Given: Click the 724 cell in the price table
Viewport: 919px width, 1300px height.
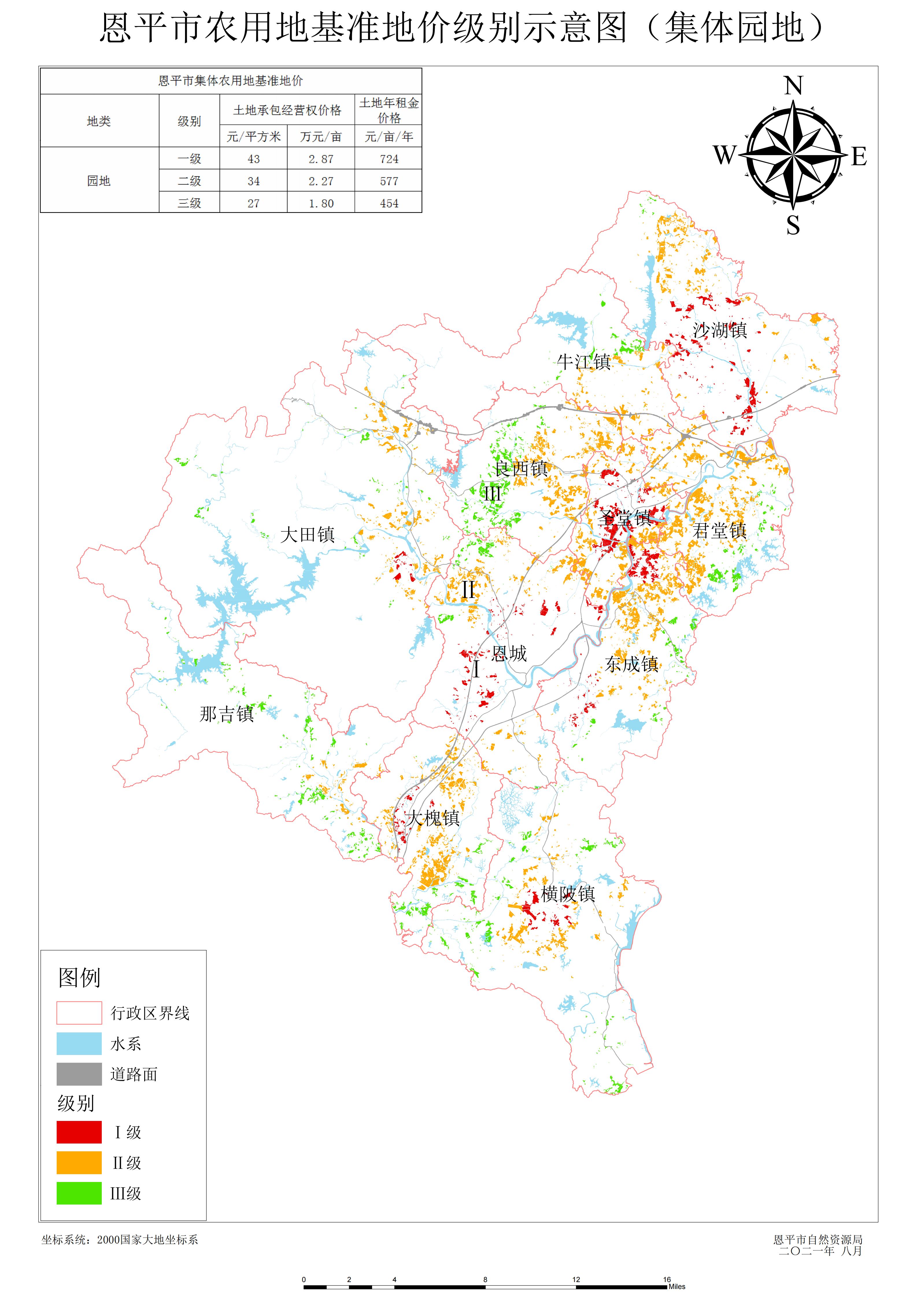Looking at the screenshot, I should [389, 159].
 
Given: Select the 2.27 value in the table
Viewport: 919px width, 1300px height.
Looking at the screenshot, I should [321, 181].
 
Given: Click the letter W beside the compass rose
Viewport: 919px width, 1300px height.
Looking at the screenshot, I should [724, 154].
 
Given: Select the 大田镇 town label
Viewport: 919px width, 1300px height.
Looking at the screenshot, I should [307, 535].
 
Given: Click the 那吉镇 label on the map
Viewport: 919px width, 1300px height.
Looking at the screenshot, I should [226, 714].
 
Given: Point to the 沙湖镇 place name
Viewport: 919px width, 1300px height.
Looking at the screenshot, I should [720, 330].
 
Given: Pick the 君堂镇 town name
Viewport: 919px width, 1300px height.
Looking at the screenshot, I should [719, 531].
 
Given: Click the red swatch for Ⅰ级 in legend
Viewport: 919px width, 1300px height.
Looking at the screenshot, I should [79, 1132].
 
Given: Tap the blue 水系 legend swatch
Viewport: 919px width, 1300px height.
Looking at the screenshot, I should [79, 1043].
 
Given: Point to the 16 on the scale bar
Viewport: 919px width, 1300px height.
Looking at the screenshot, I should [667, 1279].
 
